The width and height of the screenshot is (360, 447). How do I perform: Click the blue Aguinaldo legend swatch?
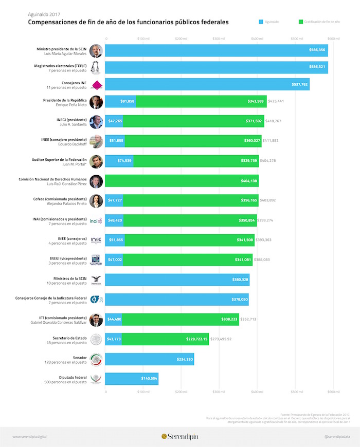[261, 22]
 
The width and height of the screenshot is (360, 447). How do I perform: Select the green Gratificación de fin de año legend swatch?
[301, 22]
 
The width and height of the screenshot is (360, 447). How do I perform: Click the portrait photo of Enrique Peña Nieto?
[96, 102]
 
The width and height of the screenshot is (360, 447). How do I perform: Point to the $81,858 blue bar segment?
[121, 102]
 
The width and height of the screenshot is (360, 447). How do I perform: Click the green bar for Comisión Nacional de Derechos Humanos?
[182, 181]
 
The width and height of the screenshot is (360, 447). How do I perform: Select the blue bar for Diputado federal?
[132, 379]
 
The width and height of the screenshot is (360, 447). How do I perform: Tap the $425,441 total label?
[276, 102]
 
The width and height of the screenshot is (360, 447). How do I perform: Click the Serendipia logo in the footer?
[179, 436]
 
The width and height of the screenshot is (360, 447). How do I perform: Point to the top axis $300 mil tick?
[219, 39]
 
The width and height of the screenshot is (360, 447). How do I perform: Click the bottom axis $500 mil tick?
[295, 392]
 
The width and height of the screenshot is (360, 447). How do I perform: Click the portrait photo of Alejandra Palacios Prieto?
[96, 201]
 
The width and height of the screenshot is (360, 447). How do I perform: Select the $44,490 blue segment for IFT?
[113, 320]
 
